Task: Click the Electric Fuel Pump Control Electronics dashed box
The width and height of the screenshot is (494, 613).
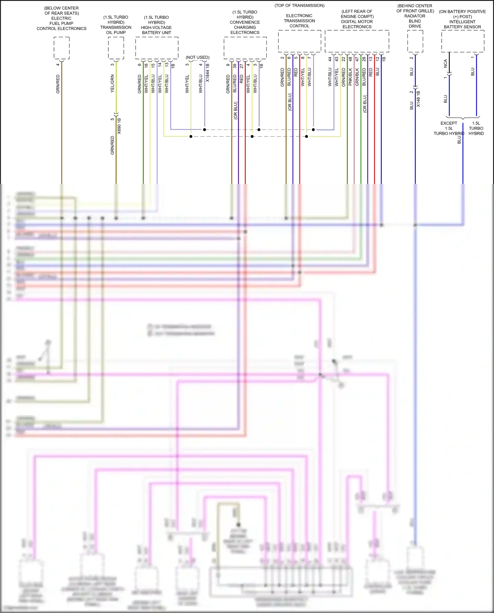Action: coord(62,48)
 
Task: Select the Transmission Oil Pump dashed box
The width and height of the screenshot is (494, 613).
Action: coord(116,48)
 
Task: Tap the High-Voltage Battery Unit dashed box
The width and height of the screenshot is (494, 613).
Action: coord(157,48)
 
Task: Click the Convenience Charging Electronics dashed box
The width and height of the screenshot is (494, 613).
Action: coord(245,48)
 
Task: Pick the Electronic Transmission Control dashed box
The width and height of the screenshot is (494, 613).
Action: coord(299,41)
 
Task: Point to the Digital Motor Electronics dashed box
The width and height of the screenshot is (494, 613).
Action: coord(357,41)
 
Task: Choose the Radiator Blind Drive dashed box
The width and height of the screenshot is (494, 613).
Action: coord(415,41)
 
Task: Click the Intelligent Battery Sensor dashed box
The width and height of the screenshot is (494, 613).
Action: coord(463,41)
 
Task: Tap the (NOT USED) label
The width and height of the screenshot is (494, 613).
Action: coord(198,57)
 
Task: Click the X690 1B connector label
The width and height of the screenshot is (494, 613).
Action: coord(119,126)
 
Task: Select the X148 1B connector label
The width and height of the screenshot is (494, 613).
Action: coord(418,99)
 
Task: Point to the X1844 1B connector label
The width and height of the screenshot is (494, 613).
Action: coord(207,73)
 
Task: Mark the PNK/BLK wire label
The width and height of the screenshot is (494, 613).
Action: coord(350,77)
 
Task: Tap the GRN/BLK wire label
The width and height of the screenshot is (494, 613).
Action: coord(357,77)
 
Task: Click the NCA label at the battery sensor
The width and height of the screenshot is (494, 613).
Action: coord(446,64)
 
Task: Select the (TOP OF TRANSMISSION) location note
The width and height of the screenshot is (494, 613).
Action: coord(299,6)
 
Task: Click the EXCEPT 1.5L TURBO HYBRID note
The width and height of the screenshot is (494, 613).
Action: coord(449,128)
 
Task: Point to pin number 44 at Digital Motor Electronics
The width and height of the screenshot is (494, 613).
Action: coord(330,59)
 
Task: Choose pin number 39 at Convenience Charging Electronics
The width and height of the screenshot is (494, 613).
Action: coord(235,66)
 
